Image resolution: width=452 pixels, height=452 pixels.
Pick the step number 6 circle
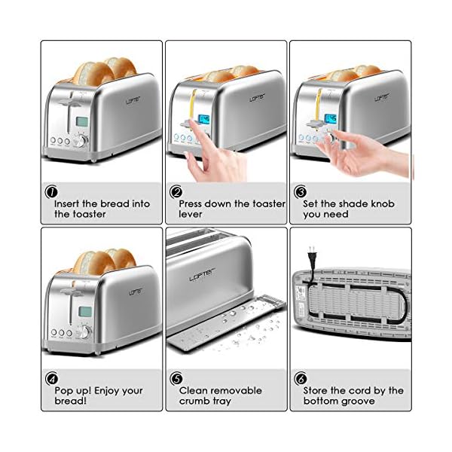tap(301, 378)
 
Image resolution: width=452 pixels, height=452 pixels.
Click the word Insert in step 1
tap(69, 203)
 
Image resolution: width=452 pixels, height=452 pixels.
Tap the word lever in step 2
tap(191, 214)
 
